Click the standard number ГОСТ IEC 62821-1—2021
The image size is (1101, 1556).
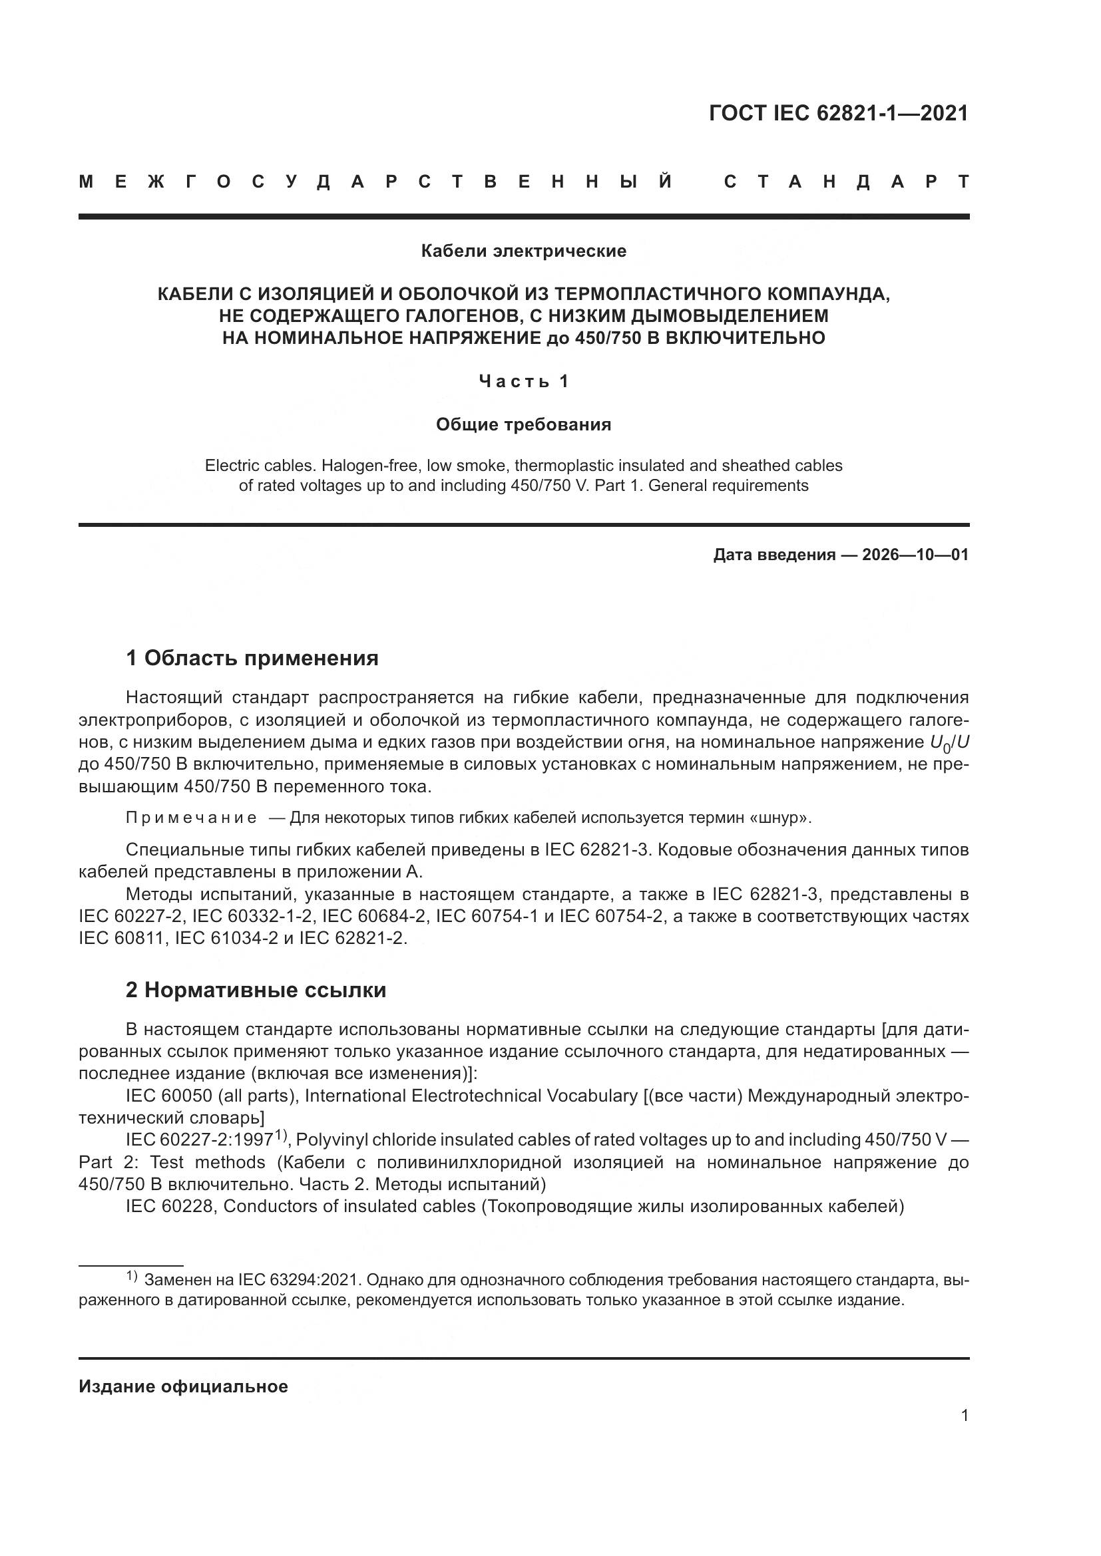(838, 113)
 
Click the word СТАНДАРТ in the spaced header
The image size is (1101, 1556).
(846, 182)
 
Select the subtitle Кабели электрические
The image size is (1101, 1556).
(523, 251)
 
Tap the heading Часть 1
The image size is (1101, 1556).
(523, 382)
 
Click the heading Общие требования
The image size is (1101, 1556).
(523, 425)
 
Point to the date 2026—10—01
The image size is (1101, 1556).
(915, 555)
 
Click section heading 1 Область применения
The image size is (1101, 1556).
(252, 657)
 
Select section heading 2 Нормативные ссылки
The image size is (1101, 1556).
(256, 990)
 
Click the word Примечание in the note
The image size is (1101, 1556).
(191, 818)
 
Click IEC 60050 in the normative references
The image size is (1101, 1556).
(173, 1096)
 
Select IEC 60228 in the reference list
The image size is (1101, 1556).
(170, 1206)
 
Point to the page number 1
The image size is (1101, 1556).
(964, 1415)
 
